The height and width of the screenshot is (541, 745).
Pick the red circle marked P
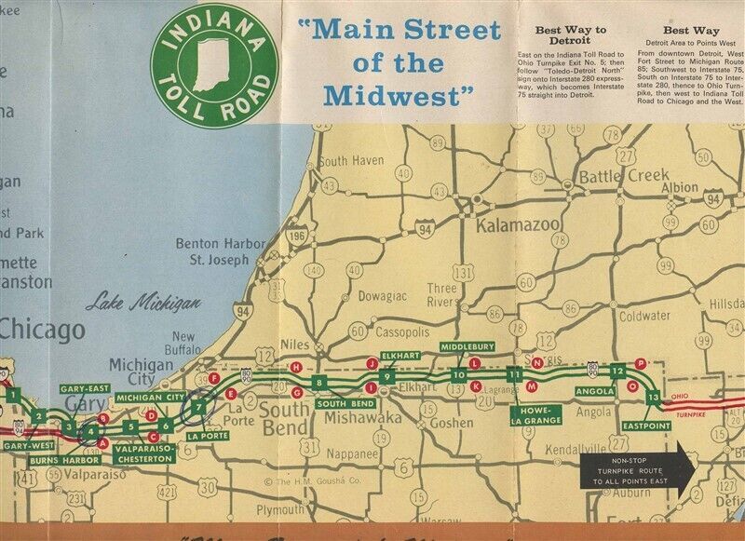click(640, 362)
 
